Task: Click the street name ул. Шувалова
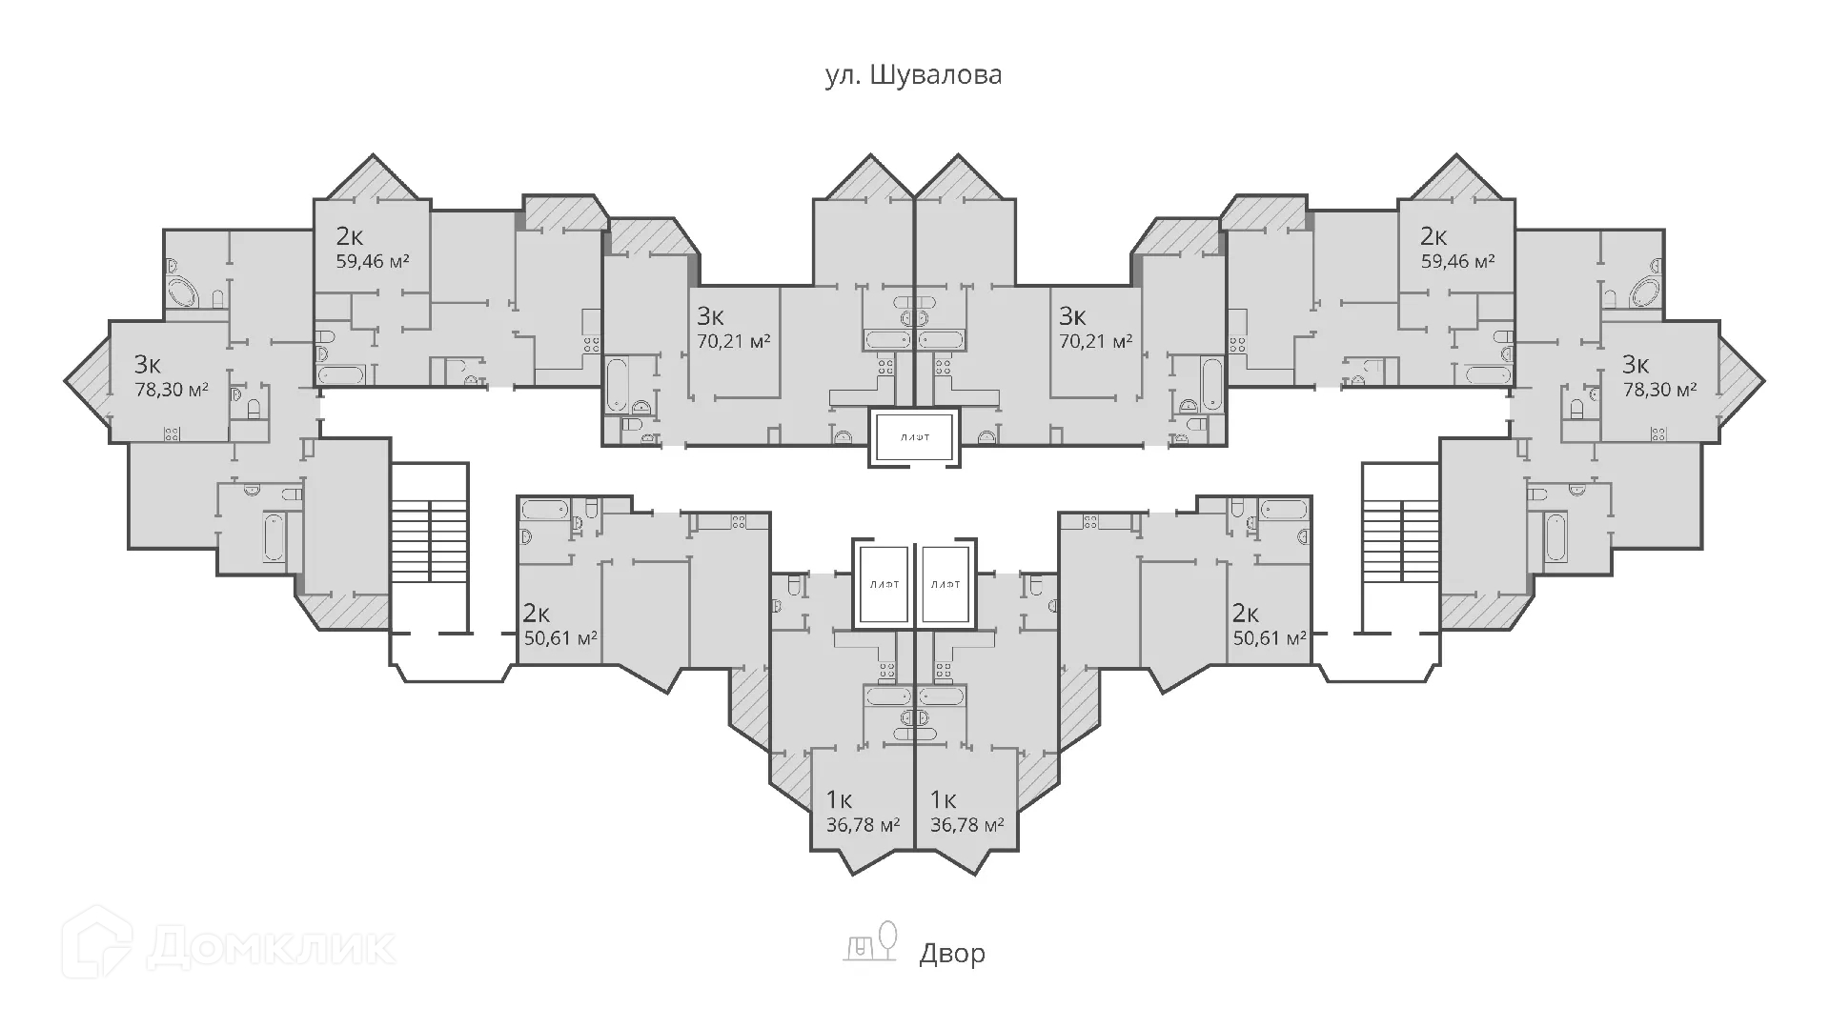[913, 75]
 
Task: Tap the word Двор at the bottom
[952, 954]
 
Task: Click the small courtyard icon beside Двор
[870, 940]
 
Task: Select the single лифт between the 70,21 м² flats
[914, 438]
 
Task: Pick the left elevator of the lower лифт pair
[882, 584]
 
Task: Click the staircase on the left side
[430, 548]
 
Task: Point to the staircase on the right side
[1399, 548]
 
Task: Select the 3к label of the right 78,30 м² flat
[1636, 364]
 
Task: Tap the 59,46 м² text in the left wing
[373, 260]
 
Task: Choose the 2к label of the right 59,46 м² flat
[1433, 235]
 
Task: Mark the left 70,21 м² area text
[734, 340]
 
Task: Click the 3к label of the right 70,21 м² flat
[1072, 315]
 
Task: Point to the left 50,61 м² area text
[561, 637]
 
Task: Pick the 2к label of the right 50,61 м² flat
[1246, 613]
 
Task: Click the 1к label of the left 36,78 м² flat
[839, 799]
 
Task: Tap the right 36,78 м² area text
[967, 824]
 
